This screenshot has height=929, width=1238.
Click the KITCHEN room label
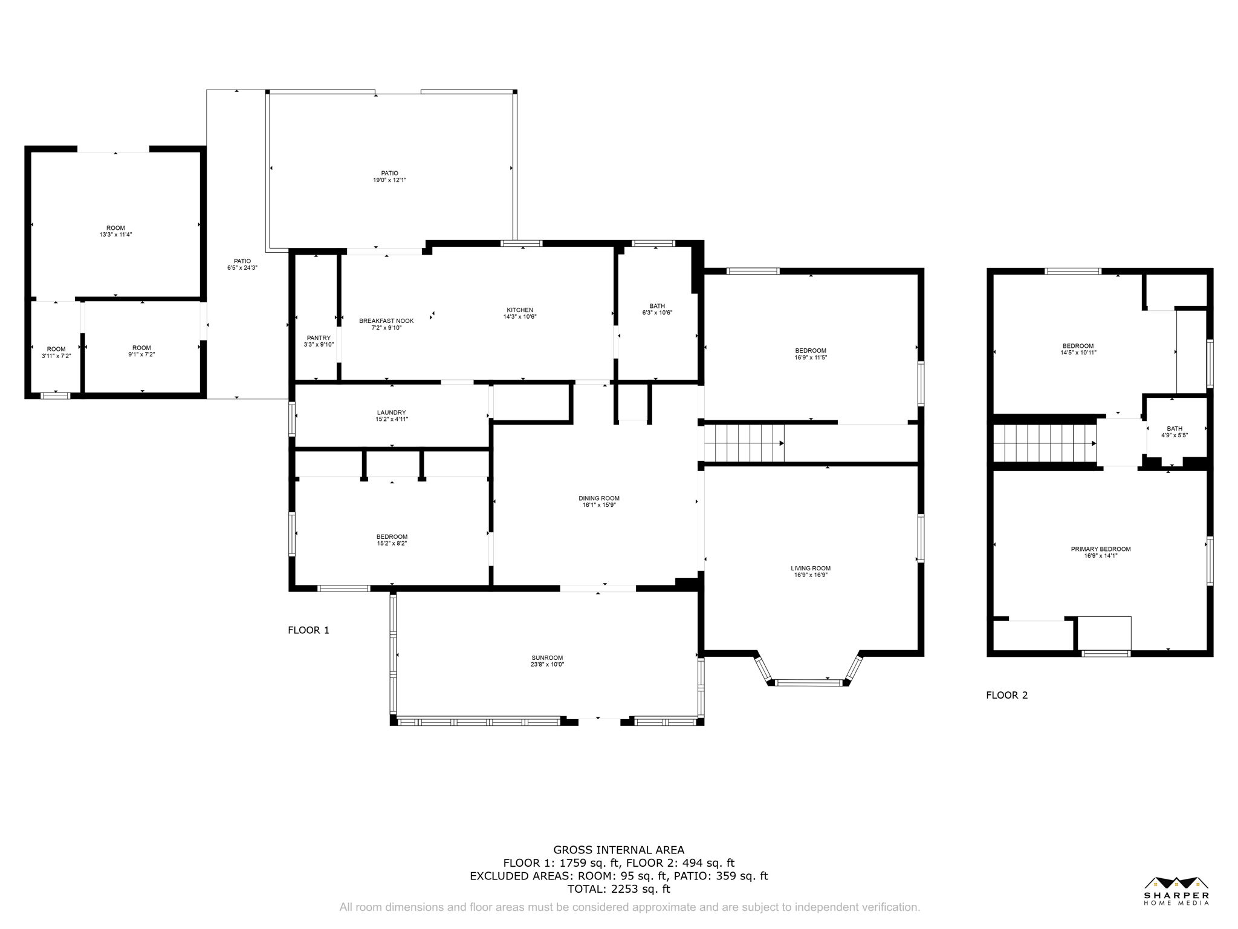(520, 310)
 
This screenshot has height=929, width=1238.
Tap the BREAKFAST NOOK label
(386, 321)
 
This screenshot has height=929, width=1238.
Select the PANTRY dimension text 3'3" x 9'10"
(319, 345)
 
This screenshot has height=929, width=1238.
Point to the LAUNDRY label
(391, 412)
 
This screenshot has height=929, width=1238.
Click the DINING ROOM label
(598, 498)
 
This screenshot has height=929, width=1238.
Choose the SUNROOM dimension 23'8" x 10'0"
(547, 664)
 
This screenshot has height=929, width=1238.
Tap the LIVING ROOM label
(811, 568)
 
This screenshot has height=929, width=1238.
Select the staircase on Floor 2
(1044, 443)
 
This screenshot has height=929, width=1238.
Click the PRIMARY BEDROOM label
(1100, 549)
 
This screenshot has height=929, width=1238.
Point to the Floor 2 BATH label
(1175, 429)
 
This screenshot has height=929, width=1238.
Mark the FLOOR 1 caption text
(308, 630)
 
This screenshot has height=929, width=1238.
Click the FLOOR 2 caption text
(1006, 695)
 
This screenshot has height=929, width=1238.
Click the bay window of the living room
(808, 683)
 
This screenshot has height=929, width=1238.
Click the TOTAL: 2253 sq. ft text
(618, 889)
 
